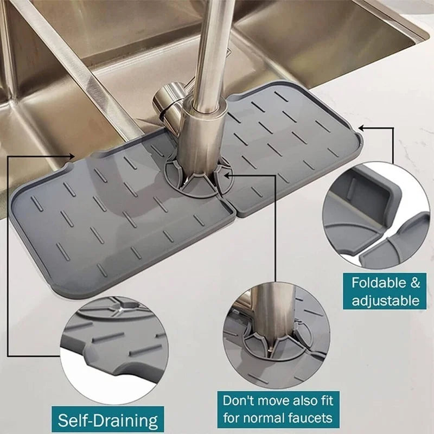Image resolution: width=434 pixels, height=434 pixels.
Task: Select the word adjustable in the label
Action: tap(386, 300)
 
